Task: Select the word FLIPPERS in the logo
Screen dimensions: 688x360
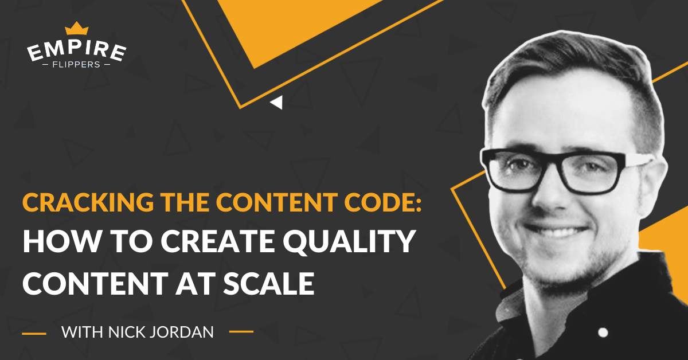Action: pos(76,65)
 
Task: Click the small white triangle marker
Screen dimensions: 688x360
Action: pos(276,102)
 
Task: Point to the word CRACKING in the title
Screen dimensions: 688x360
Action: pos(88,202)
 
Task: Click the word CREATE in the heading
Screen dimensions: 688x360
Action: pos(217,241)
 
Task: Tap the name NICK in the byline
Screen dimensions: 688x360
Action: pos(127,332)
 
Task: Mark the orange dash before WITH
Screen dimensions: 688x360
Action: pos(34,333)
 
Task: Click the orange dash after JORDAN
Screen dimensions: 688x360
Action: pos(241,331)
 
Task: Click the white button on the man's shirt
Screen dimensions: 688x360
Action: pos(603,332)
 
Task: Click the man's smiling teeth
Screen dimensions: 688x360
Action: pos(556,232)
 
